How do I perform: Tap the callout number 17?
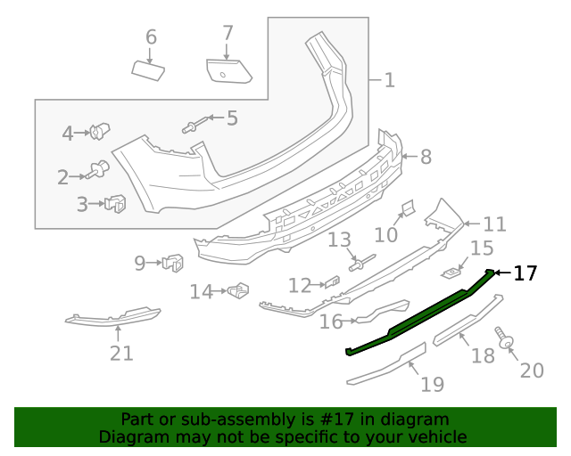tap(525, 273)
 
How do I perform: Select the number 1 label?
tap(389, 80)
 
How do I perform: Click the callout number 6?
tap(151, 37)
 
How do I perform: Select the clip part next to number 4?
tap(99, 134)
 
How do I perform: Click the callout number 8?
tap(426, 158)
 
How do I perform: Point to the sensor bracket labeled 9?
tap(173, 263)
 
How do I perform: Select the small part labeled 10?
tap(405, 209)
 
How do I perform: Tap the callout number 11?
tap(494, 224)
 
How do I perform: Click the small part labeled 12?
tap(333, 283)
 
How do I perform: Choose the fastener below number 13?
tap(362, 262)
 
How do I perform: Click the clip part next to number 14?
tap(238, 290)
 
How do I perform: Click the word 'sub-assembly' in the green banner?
tap(202, 419)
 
